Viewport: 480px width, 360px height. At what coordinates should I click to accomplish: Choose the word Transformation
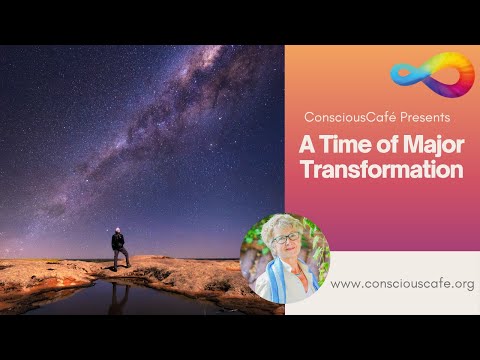tap(381, 170)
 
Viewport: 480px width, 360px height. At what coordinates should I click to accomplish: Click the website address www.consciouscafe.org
tap(401, 284)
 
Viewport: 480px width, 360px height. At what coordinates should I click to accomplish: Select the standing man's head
tap(118, 230)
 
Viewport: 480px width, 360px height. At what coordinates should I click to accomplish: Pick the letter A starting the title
tap(307, 144)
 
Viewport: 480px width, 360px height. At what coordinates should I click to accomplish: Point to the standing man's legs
tap(120, 258)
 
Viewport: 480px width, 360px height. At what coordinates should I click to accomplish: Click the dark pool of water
tap(100, 297)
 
